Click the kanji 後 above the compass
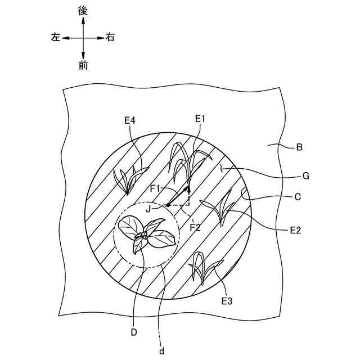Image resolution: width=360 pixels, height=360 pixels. (x=83, y=11)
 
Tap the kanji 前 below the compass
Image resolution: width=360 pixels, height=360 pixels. (x=83, y=65)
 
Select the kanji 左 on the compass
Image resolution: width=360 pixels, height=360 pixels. (x=55, y=38)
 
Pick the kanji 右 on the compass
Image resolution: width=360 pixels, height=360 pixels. (x=111, y=38)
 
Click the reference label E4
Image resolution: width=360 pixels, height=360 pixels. (x=130, y=120)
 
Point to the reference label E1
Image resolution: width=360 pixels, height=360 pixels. (x=201, y=119)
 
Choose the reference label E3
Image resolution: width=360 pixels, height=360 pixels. (x=227, y=301)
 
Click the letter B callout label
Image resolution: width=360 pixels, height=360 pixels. (x=299, y=148)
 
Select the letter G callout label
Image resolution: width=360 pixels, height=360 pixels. (x=306, y=176)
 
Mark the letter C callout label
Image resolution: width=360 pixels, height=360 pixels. (x=298, y=197)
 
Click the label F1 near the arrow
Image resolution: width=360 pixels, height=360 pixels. (x=156, y=187)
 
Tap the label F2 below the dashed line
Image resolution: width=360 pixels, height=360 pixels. (x=195, y=228)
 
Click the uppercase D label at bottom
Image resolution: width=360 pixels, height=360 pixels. (x=134, y=332)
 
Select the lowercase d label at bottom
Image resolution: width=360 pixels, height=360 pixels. (x=161, y=352)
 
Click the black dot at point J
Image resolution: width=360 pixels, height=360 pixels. (x=168, y=205)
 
